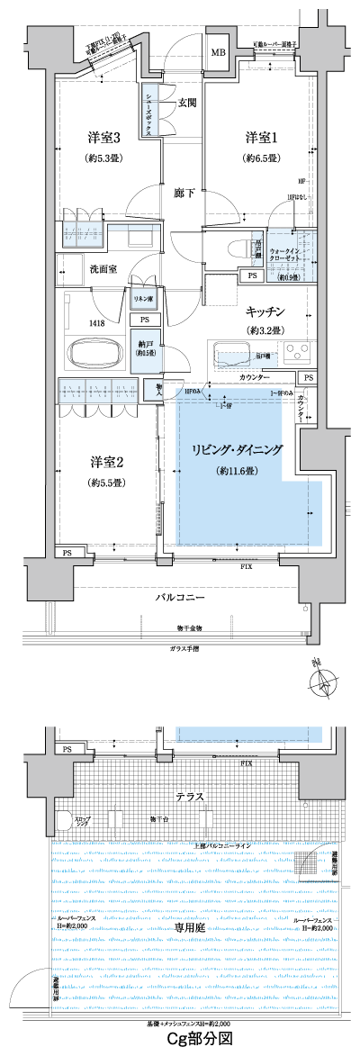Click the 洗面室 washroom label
pos(101,267)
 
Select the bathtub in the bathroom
pos(94,328)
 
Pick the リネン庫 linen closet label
pos(142,298)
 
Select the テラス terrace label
pos(189,796)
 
